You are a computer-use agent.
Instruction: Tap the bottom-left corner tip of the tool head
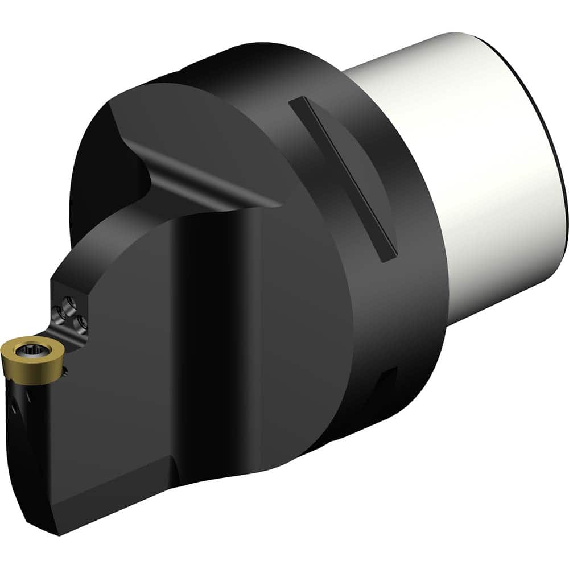pyautogui.click(x=60, y=532)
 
